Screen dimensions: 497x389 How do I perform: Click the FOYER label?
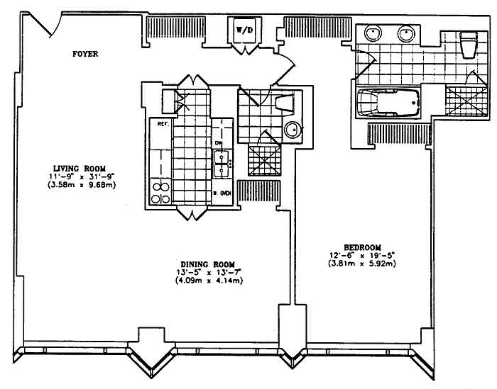click(85, 53)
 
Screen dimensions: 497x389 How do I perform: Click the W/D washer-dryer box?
click(244, 30)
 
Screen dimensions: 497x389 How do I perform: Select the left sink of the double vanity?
click(374, 33)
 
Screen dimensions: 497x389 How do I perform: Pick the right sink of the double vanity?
click(407, 33)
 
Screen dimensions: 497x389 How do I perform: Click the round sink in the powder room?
click(293, 130)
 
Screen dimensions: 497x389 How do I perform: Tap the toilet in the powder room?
click(285, 104)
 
